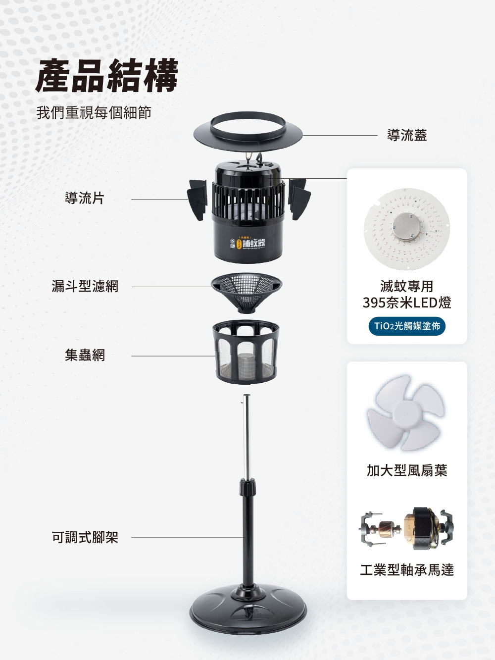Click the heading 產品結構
coord(107,76)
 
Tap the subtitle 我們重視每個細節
coord(94,113)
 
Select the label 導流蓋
coord(407,135)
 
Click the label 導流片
coord(85,199)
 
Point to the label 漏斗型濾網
coord(85,286)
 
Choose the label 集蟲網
coord(85,355)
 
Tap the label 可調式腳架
coord(85,537)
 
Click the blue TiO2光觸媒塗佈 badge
coord(407,326)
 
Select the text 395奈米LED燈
coord(407,303)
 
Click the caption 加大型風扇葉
coord(407,470)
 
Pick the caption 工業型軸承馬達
coord(407,570)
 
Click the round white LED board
coord(406,229)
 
